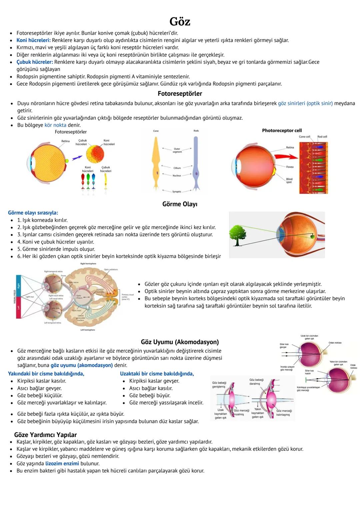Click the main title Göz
pos(180,22)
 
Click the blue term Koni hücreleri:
pos(34,40)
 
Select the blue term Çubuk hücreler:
pos(35,62)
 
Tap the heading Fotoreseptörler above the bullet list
pos(180,94)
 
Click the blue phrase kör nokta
pos(55,125)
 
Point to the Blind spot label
pos(289,181)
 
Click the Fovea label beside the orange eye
pos(290,167)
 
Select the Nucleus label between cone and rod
pos(177,175)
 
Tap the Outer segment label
pos(177,150)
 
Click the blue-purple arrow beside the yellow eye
pos(77,156)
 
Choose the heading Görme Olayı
pos(180,204)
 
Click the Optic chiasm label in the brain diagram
pos(79,296)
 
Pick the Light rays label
pos(30,296)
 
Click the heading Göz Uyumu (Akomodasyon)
pos(180,342)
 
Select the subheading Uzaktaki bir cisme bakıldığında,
pos(157,374)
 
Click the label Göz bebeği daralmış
pos(256,382)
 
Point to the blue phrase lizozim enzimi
pos(62,464)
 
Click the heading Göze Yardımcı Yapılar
pos(45,435)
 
